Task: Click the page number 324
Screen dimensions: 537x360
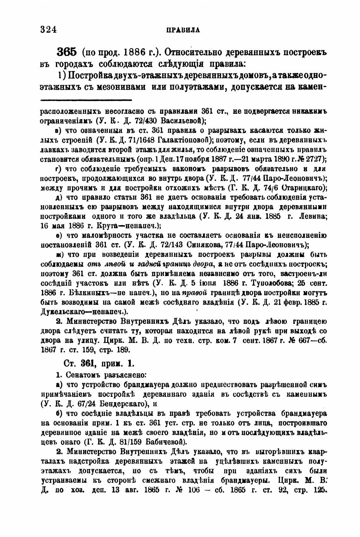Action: click(x=48, y=30)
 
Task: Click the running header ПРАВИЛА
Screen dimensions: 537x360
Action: click(x=183, y=30)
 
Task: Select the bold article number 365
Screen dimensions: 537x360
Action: click(x=67, y=52)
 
